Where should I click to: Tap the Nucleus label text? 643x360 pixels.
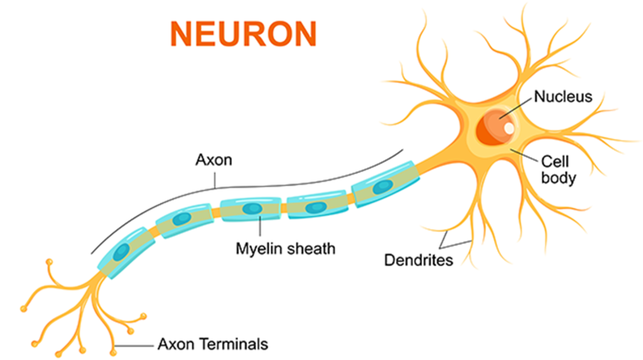563,97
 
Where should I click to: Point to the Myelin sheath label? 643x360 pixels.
285,249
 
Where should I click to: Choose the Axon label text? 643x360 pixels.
213,160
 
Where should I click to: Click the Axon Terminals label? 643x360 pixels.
213,344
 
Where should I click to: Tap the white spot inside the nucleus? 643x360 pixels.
509,128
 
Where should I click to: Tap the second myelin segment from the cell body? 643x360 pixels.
317,206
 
